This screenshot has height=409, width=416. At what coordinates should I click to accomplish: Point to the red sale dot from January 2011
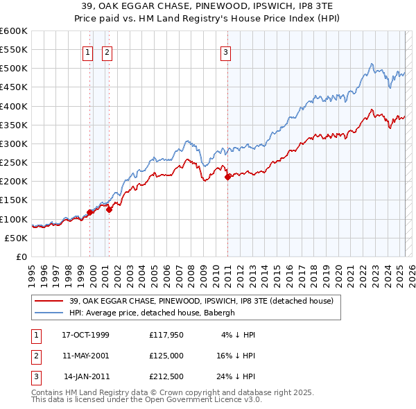pos(227,177)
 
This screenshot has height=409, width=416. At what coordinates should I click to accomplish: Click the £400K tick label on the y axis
pos(14,106)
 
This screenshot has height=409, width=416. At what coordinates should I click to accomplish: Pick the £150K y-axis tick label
pos(14,200)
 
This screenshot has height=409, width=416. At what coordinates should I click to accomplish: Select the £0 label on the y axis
pos(22,256)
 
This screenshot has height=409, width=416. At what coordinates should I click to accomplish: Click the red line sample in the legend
pos(49,301)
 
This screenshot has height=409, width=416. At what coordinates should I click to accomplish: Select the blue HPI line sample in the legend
pos(49,312)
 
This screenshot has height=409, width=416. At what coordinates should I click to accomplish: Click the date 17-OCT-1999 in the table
pos(85,335)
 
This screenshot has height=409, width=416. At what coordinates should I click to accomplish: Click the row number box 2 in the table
pos(35,354)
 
